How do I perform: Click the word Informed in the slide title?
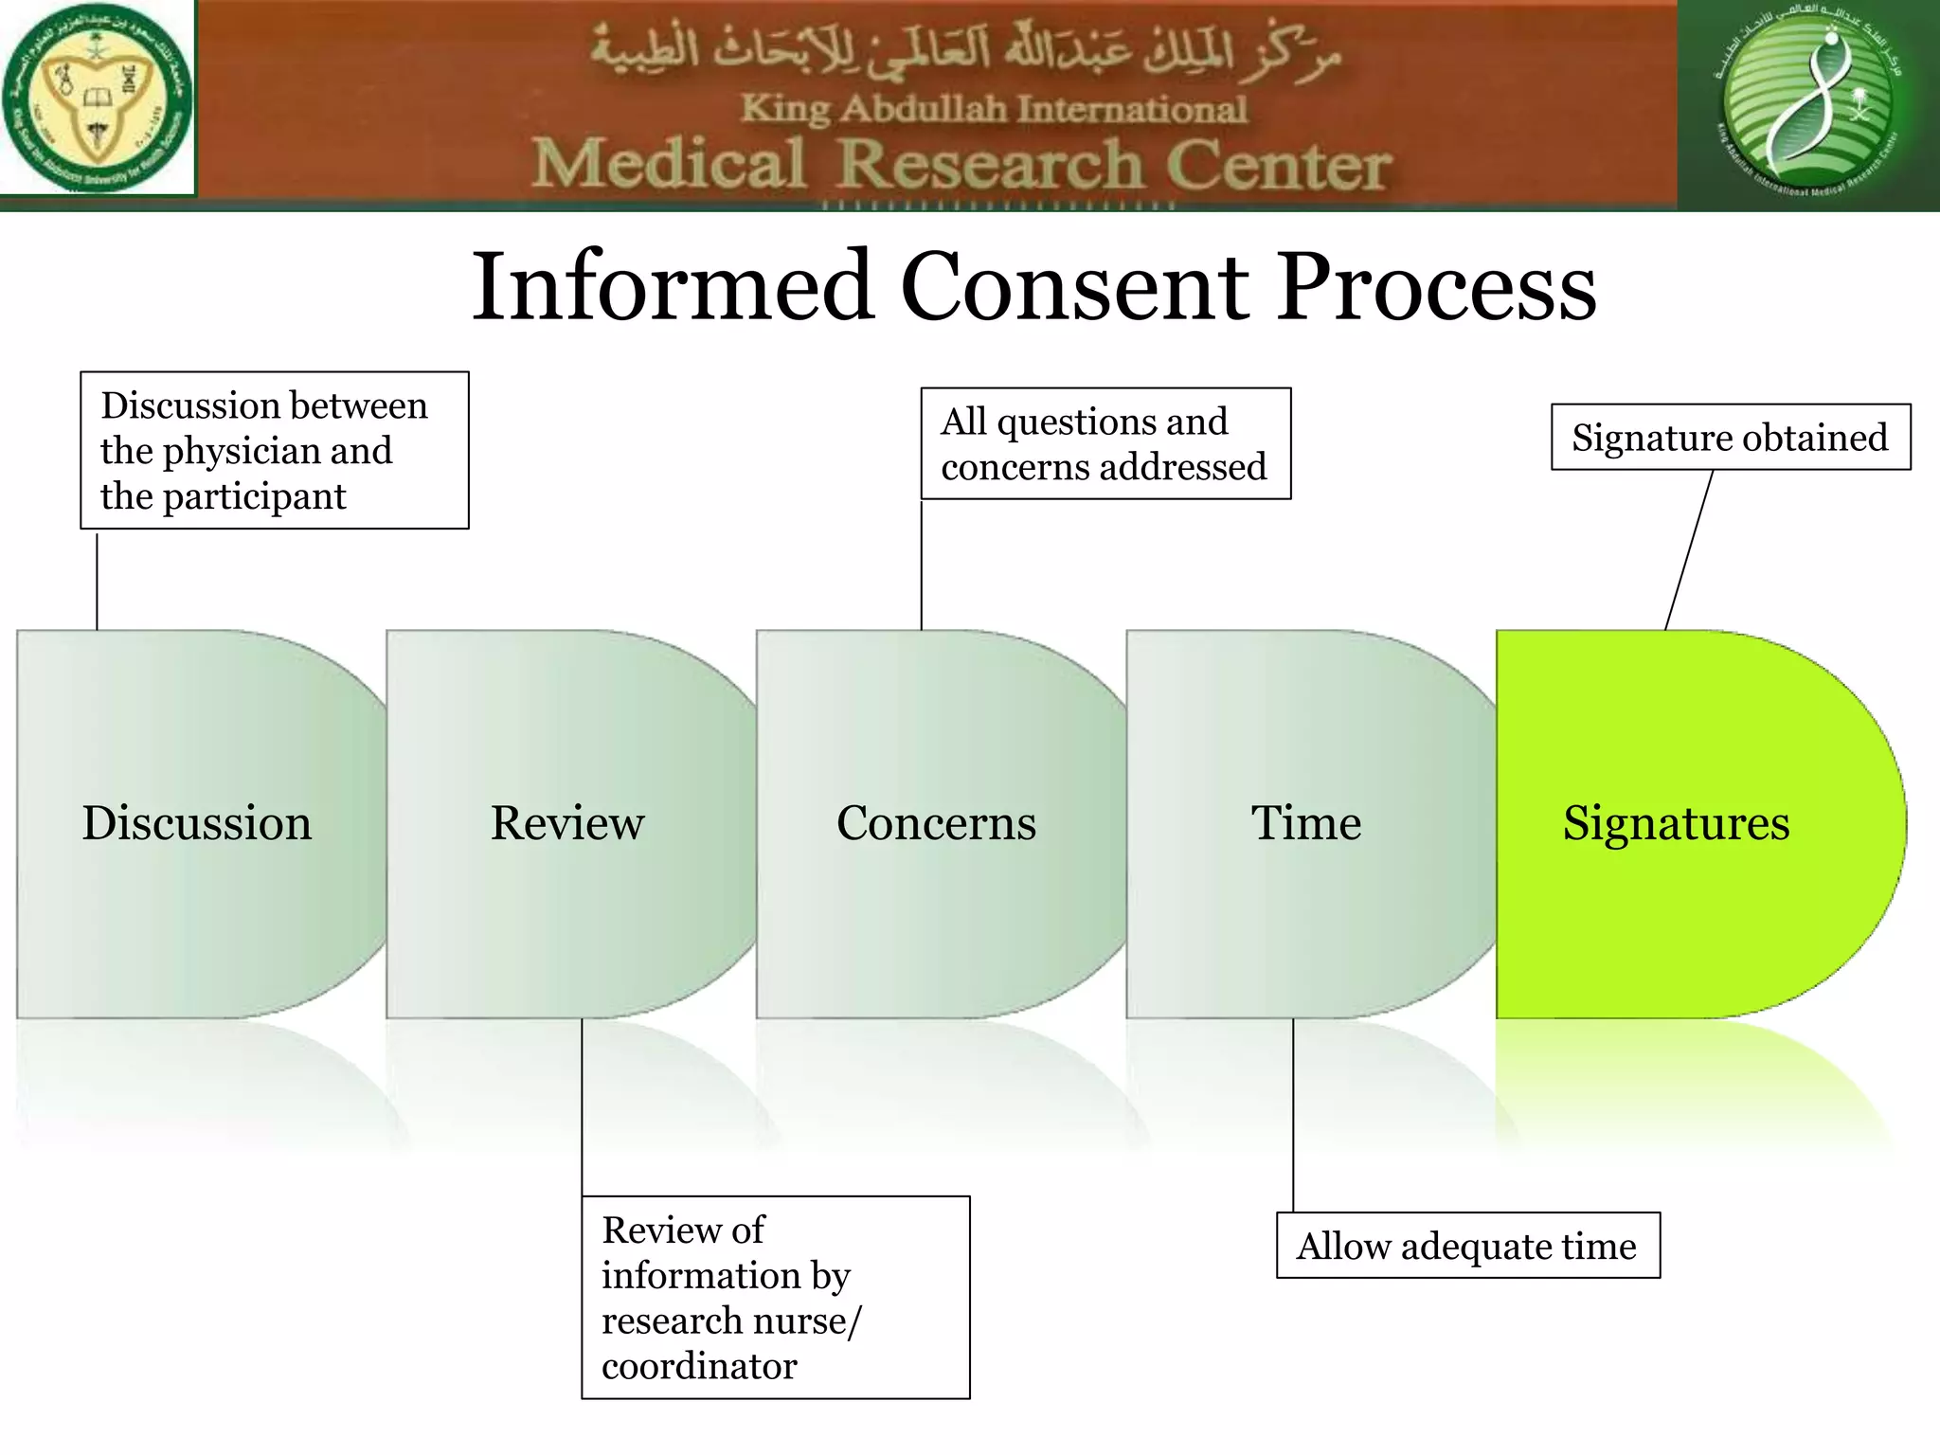pyautogui.click(x=673, y=286)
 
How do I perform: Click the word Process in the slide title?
pyautogui.click(x=1437, y=286)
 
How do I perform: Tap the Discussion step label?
pyautogui.click(x=197, y=822)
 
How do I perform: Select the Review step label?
pyautogui.click(x=566, y=822)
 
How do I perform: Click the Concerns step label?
pyautogui.click(x=936, y=822)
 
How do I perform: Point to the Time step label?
pyautogui.click(x=1305, y=822)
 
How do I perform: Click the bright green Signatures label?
pyautogui.click(x=1676, y=822)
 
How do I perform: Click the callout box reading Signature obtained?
pyautogui.click(x=1730, y=438)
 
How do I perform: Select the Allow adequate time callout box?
pyautogui.click(x=1466, y=1246)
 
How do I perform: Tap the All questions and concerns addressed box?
pyautogui.click(x=1105, y=443)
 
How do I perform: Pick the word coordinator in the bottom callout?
pyautogui.click(x=699, y=1366)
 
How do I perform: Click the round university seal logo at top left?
pyautogui.click(x=97, y=98)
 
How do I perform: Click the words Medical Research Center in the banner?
pyautogui.click(x=961, y=165)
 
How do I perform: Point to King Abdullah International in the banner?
pyautogui.click(x=993, y=109)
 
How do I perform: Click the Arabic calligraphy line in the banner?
pyautogui.click(x=966, y=54)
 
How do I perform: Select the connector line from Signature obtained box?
pyautogui.click(x=1689, y=549)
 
